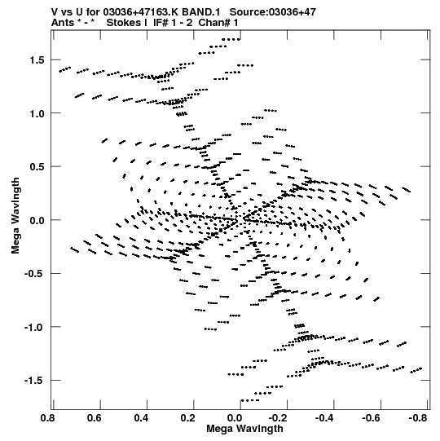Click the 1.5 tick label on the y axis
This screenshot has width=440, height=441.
tap(38, 60)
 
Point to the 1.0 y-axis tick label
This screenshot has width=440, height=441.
tap(38, 113)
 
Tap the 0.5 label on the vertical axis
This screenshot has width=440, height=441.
tap(38, 167)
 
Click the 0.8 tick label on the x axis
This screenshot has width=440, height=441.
tap(48, 418)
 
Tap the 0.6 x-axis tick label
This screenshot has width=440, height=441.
tap(95, 418)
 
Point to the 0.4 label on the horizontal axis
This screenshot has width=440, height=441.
tap(142, 418)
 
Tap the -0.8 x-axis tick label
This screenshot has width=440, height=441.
tap(418, 418)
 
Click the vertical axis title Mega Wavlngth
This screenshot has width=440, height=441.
tap(15, 216)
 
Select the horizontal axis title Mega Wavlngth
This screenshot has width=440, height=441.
tap(244, 429)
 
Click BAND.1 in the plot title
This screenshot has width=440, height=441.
tap(201, 12)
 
